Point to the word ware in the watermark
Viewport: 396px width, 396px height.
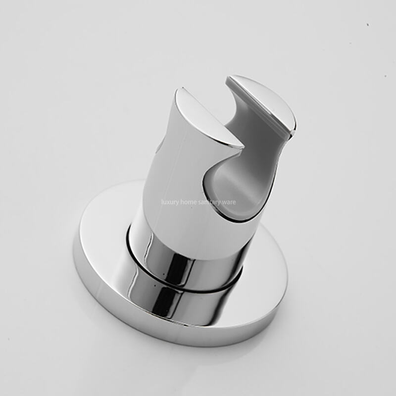[x=230, y=202]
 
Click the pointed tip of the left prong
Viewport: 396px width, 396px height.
[x=241, y=147]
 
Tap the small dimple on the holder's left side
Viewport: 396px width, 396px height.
[x=160, y=148]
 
